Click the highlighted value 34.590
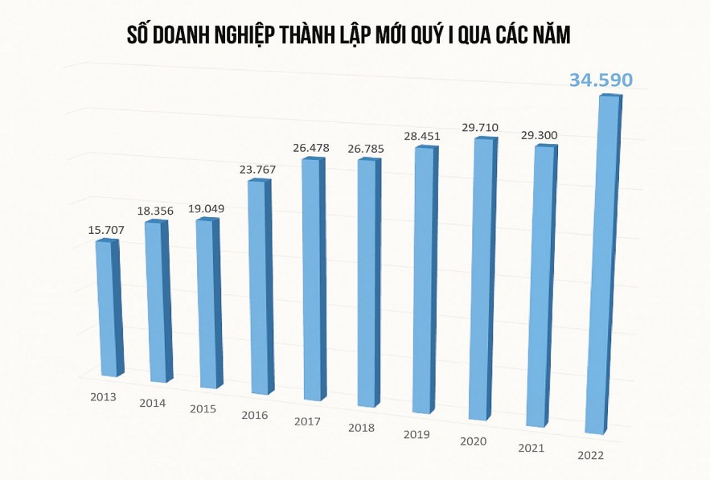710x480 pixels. click(601, 80)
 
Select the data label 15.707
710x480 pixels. click(106, 230)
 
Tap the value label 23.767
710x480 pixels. click(259, 169)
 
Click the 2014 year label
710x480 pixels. click(152, 403)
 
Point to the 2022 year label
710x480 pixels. click(592, 456)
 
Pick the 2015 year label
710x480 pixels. click(203, 408)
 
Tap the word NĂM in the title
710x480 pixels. click(555, 35)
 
